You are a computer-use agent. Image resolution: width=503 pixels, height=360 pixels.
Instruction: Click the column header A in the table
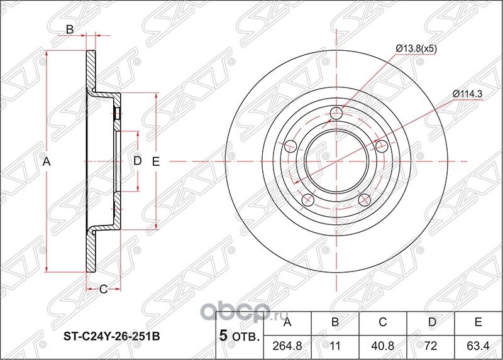[288, 324]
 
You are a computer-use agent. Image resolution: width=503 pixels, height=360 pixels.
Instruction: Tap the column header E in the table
[478, 324]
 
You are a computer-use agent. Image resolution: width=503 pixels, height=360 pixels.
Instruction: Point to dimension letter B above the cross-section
[70, 29]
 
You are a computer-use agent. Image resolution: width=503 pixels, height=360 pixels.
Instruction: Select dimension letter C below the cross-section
[102, 289]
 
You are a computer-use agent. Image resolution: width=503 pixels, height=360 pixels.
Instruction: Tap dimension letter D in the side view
[137, 161]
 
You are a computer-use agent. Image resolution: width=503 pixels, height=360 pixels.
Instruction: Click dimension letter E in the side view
[156, 161]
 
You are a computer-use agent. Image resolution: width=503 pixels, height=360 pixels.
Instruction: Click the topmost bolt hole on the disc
[336, 113]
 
